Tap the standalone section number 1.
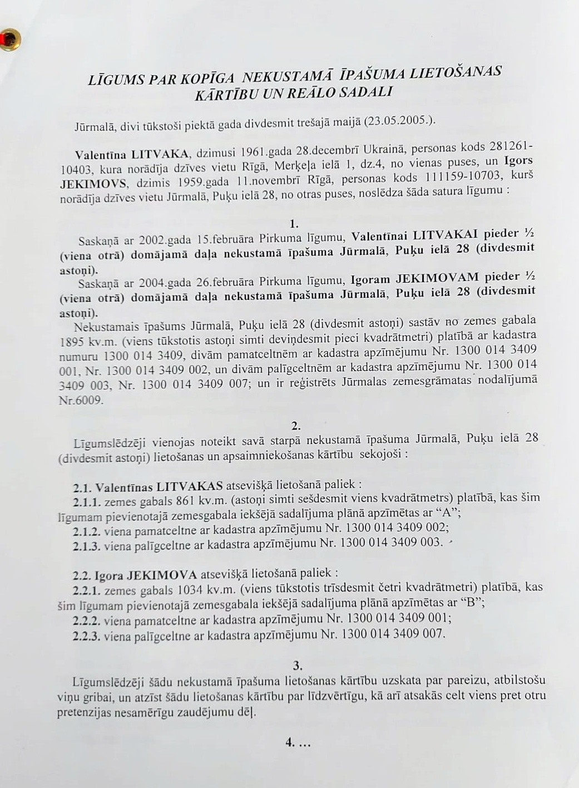[294, 224]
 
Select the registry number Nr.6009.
[81, 400]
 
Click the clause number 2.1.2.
[86, 530]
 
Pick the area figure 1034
[192, 589]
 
